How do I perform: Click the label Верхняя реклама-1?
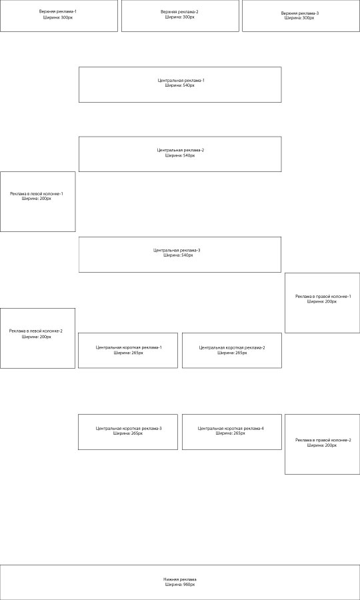pos(58,11)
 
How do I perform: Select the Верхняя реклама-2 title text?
pos(179,12)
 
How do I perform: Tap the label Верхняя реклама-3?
pos(300,13)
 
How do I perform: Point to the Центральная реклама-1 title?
pos(181,81)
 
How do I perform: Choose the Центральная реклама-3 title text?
pos(177,250)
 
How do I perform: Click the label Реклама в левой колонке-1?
pos(37,193)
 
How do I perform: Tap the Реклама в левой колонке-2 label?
pos(36,331)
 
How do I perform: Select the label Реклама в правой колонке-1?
pos(323,296)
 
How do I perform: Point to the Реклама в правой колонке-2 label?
pos(323,440)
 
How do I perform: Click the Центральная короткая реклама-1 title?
pos(129,347)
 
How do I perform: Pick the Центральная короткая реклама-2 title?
pos(232,347)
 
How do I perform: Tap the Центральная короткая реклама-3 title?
pos(129,428)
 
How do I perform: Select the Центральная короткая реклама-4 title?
pos(231,428)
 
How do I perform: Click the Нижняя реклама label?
pos(180,579)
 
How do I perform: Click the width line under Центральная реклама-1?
pos(180,85)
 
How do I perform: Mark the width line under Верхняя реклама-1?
pos(58,17)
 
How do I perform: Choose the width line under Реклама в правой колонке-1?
pos(322,301)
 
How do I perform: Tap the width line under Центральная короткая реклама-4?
pos(230,433)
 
